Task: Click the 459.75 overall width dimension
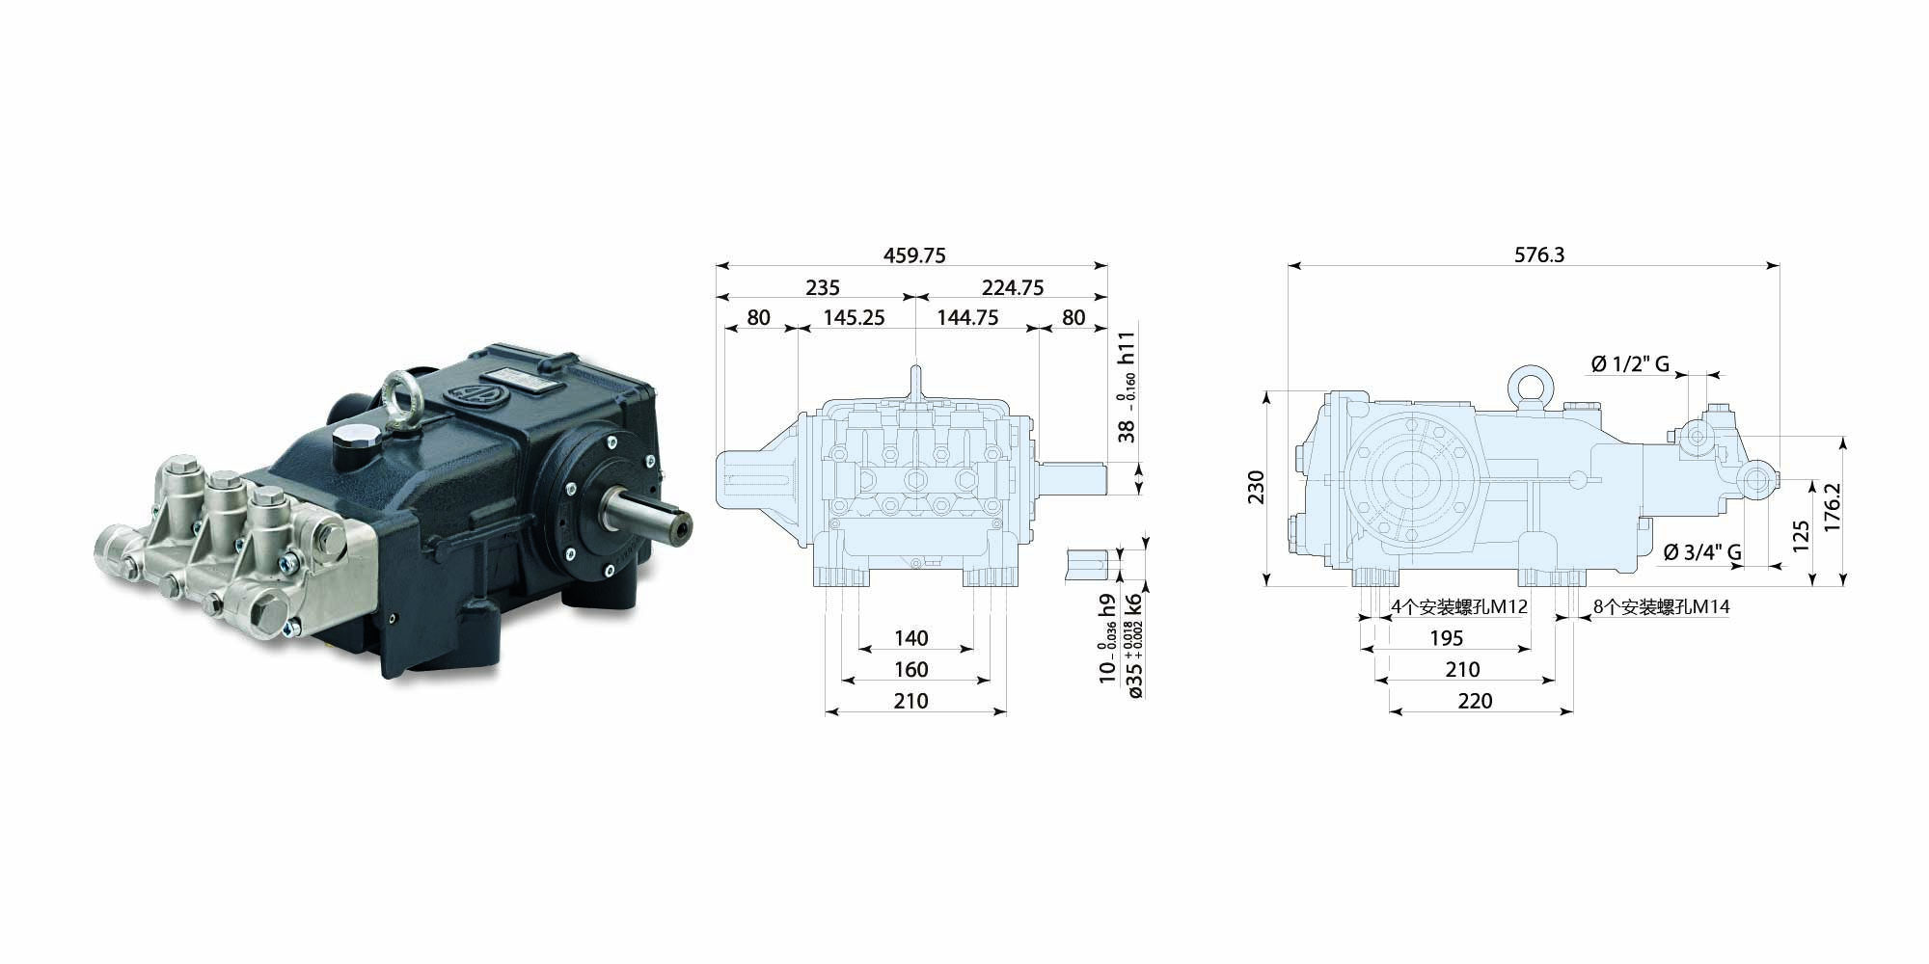tap(914, 255)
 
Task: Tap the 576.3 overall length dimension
tap(1539, 254)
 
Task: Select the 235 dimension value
tap(822, 287)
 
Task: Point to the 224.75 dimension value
tap(1013, 287)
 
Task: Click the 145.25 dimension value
tap(854, 317)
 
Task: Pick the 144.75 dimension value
tap(966, 317)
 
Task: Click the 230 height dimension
tap(1255, 488)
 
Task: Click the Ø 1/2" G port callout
tap(1630, 363)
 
